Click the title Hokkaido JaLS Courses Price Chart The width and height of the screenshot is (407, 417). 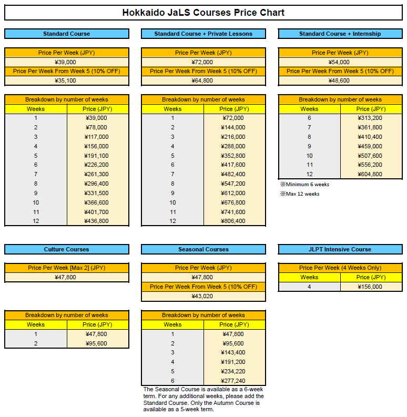pyautogui.click(x=203, y=13)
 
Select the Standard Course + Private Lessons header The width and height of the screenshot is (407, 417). pyautogui.click(x=203, y=34)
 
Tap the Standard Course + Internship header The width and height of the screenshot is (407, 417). pyautogui.click(x=340, y=34)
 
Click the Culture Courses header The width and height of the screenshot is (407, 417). pyautogui.click(x=66, y=249)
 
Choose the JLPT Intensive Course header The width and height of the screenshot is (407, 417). pyautogui.click(x=340, y=249)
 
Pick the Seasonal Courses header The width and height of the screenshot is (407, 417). pyautogui.click(x=203, y=249)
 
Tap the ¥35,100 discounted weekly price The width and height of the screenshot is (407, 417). pyautogui.click(x=66, y=81)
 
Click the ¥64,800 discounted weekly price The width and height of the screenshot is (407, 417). pyautogui.click(x=203, y=81)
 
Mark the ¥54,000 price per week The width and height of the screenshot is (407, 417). pyautogui.click(x=340, y=62)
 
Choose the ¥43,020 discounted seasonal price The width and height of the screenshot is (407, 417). pyautogui.click(x=203, y=296)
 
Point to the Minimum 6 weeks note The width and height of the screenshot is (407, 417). pyautogui.click(x=305, y=185)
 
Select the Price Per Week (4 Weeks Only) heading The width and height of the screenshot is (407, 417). pyautogui.click(x=340, y=268)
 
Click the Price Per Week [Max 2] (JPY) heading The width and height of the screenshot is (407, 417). pyautogui.click(x=66, y=268)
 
